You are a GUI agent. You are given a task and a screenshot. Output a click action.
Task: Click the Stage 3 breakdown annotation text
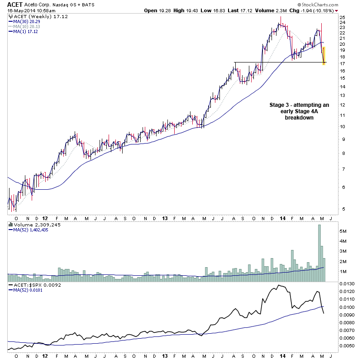(299, 111)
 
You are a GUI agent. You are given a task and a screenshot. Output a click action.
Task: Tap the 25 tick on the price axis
(343, 18)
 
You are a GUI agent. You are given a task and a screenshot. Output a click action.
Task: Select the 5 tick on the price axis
(342, 209)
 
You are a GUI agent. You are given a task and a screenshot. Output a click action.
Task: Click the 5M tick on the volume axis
(343, 230)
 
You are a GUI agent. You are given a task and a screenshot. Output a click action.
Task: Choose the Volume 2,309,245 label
(31, 224)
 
